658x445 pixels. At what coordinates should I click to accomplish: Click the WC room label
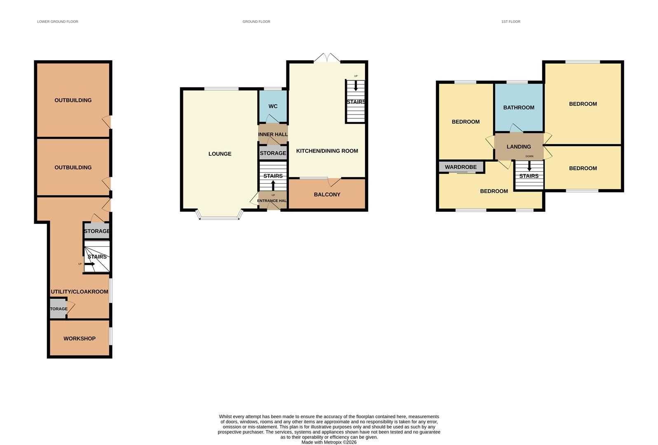click(x=273, y=106)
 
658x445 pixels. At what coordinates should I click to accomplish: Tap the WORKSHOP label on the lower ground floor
click(x=80, y=338)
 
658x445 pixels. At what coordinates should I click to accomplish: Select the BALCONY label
click(x=327, y=194)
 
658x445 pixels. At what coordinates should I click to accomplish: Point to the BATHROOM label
click(x=519, y=108)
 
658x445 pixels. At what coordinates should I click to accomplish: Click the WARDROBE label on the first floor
click(x=461, y=167)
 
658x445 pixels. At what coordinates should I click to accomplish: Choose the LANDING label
click(x=519, y=147)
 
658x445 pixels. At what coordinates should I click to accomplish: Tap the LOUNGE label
click(x=220, y=154)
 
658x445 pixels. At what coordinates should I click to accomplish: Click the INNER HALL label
click(x=273, y=134)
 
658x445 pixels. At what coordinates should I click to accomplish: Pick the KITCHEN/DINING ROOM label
click(x=327, y=151)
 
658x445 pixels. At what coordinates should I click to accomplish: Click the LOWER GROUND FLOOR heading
click(x=58, y=21)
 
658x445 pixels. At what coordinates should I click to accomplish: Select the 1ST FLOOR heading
click(x=511, y=21)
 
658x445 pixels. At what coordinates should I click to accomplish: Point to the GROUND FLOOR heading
click(x=256, y=21)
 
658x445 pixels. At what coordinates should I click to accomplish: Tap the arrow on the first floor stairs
click(x=529, y=166)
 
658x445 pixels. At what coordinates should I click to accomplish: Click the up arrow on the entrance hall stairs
click(x=273, y=185)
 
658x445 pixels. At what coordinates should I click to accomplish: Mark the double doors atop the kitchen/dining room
click(x=327, y=58)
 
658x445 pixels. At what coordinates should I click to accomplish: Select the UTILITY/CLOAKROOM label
click(x=80, y=292)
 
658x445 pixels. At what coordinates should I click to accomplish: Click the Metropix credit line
click(x=329, y=443)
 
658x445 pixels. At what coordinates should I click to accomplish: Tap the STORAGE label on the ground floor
click(x=273, y=153)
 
